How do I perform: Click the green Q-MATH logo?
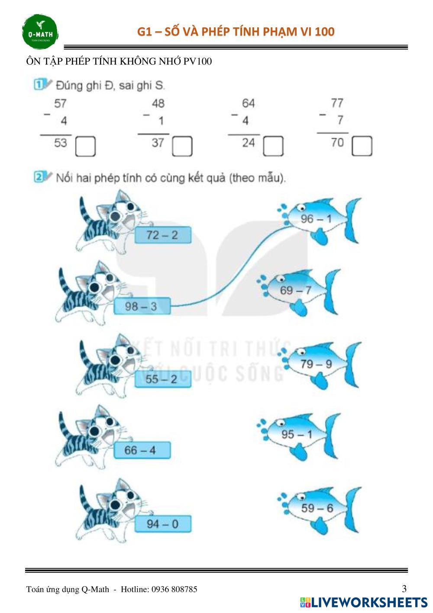(x=40, y=32)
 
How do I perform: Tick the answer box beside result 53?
(x=85, y=147)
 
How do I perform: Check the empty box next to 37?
(x=182, y=147)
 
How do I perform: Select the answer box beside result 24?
(x=273, y=146)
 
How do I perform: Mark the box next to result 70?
(x=362, y=146)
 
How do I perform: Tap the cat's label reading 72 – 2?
(x=163, y=235)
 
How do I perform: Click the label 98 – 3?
(x=142, y=306)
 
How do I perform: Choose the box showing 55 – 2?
(x=163, y=379)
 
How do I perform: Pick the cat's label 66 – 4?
(x=142, y=450)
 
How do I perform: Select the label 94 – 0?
(x=163, y=524)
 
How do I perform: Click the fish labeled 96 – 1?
(x=319, y=221)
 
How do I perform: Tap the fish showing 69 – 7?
(x=298, y=292)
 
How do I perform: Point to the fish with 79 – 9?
(x=319, y=365)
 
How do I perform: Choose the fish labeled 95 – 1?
(x=298, y=436)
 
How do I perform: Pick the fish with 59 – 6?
(x=319, y=509)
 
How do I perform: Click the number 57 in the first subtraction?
(x=60, y=104)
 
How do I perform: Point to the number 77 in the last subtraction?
(x=337, y=103)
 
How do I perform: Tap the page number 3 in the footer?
(x=404, y=588)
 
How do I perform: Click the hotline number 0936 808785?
(x=174, y=589)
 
